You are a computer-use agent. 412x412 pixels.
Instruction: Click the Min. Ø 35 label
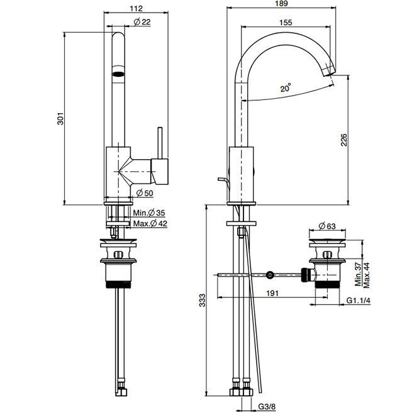150,213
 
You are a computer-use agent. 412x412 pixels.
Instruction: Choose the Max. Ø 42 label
150,224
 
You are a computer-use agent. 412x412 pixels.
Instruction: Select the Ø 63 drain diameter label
326,225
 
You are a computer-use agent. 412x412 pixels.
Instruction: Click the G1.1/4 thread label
359,301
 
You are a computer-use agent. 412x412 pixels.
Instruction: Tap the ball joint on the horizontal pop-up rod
270,274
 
